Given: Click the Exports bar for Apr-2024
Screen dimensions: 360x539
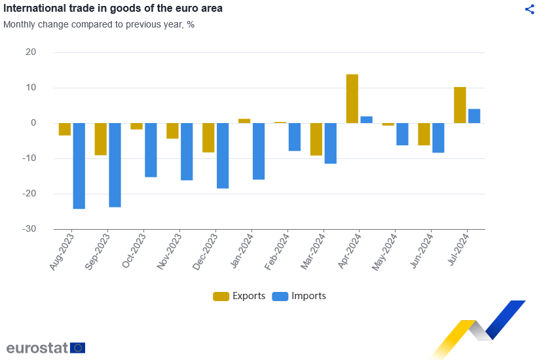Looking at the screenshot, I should point(352,98).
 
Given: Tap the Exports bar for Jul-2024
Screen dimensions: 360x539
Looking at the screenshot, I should point(460,105).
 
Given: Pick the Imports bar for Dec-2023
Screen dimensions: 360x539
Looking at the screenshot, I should point(223,155).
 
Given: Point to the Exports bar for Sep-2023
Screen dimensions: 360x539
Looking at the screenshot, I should point(101,139).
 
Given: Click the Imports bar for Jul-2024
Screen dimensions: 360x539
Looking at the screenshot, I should point(474,116).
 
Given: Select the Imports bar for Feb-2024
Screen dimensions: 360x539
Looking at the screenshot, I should point(295,137).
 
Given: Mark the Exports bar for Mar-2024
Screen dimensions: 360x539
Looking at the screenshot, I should point(316,139).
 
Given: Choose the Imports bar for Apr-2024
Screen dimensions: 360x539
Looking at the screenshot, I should point(367,120).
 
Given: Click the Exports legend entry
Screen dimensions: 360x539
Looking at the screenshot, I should point(240,296).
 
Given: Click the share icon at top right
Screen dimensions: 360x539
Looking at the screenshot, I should point(530,9).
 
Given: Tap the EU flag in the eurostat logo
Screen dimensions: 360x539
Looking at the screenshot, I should point(78,348).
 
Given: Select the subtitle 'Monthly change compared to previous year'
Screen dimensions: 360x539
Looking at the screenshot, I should point(99,24).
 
